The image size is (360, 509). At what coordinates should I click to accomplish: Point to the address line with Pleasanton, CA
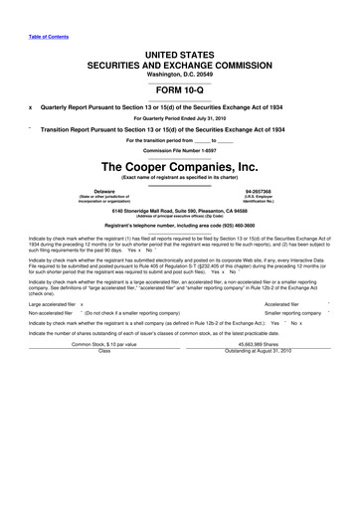click(179, 209)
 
